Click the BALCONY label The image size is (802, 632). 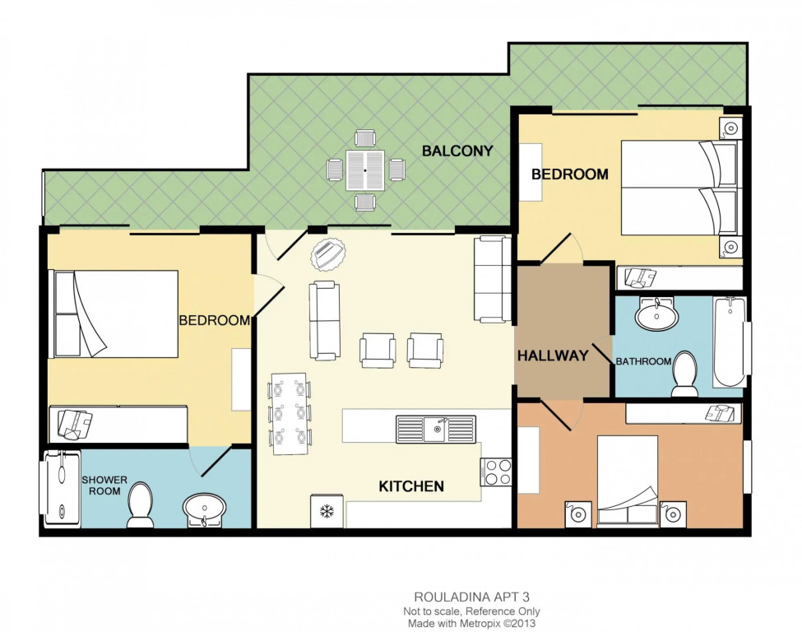[x=457, y=151]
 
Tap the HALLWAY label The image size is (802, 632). [x=553, y=355]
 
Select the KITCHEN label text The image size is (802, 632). [x=411, y=486]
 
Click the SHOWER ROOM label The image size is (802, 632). [x=104, y=486]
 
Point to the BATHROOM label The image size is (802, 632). [x=643, y=361]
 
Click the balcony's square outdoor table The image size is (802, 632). [x=365, y=170]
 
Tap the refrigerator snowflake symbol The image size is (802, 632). [x=327, y=510]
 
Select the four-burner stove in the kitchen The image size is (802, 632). [x=496, y=472]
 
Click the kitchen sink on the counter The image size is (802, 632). [x=436, y=430]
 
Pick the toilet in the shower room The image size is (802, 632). [x=140, y=505]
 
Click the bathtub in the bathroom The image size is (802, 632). [x=730, y=342]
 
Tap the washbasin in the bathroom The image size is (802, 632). [x=656, y=314]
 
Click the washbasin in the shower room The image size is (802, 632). [x=204, y=509]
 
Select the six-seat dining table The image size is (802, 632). [x=290, y=414]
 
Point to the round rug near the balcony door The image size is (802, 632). [x=328, y=253]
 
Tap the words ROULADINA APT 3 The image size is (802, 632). [x=471, y=597]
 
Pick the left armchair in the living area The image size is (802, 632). [x=378, y=351]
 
